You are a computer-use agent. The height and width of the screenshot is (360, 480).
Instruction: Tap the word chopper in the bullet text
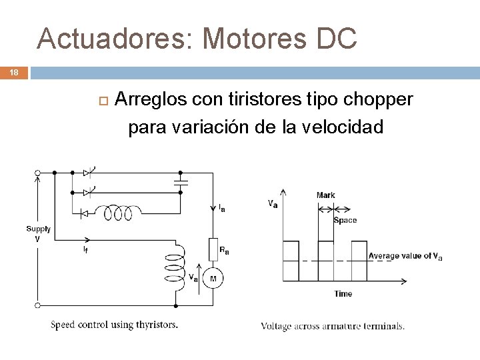(x=379, y=99)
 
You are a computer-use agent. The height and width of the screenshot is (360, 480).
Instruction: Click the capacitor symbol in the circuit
(x=180, y=181)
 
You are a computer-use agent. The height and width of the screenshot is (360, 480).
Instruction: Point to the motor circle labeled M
(x=213, y=277)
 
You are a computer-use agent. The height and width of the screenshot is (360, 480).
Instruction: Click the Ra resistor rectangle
(x=214, y=249)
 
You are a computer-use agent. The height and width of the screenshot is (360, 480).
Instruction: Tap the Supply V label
(x=38, y=233)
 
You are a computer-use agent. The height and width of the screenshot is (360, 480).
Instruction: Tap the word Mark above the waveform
(x=325, y=195)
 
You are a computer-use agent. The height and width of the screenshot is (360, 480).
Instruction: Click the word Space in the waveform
(x=345, y=220)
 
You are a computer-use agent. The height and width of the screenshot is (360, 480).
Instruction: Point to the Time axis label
(x=343, y=293)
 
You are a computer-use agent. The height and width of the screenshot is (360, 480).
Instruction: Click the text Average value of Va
(x=405, y=256)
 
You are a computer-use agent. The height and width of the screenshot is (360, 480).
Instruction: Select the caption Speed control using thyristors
(x=115, y=325)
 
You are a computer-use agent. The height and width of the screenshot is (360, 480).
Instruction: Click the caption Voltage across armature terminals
(x=332, y=326)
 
